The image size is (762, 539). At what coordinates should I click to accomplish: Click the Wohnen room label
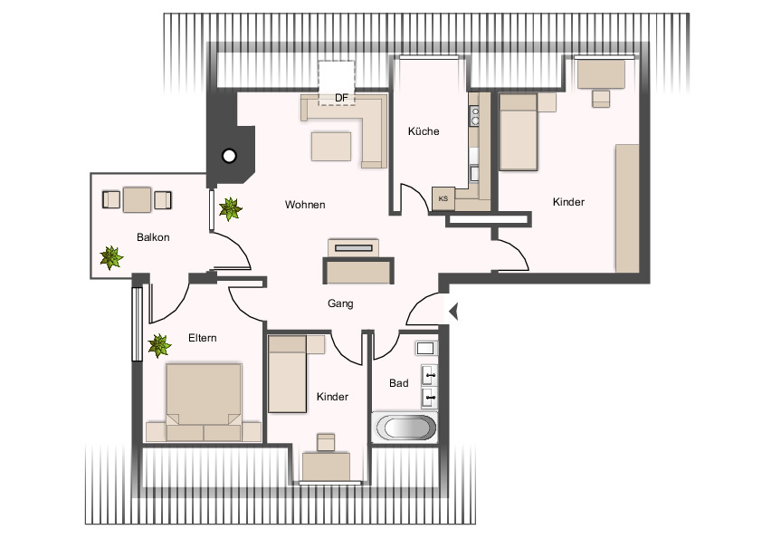pyautogui.click(x=305, y=205)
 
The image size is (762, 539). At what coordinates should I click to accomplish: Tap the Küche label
pyautogui.click(x=423, y=131)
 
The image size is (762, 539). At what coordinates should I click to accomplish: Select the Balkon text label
pyautogui.click(x=153, y=237)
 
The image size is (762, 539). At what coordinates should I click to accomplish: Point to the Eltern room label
pyautogui.click(x=202, y=338)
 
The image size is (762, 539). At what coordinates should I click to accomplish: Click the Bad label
pyautogui.click(x=398, y=383)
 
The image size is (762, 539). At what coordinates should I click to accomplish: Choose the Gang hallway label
pyautogui.click(x=340, y=304)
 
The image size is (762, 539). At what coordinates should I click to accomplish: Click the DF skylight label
pyautogui.click(x=341, y=97)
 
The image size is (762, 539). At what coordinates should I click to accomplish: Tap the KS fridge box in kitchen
pyautogui.click(x=443, y=198)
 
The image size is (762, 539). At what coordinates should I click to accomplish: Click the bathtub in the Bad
pyautogui.click(x=405, y=428)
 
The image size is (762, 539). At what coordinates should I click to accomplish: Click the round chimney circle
pyautogui.click(x=229, y=156)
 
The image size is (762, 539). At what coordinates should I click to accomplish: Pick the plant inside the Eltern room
pyautogui.click(x=160, y=345)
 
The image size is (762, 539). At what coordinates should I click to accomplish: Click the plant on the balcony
pyautogui.click(x=111, y=257)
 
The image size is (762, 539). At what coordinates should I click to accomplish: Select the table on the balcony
pyautogui.click(x=137, y=198)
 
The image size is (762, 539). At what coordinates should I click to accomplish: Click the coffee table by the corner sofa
pyautogui.click(x=331, y=146)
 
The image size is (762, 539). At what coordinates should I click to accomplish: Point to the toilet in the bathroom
pyautogui.click(x=425, y=348)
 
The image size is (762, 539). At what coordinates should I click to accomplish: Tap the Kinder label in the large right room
pyautogui.click(x=568, y=202)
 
